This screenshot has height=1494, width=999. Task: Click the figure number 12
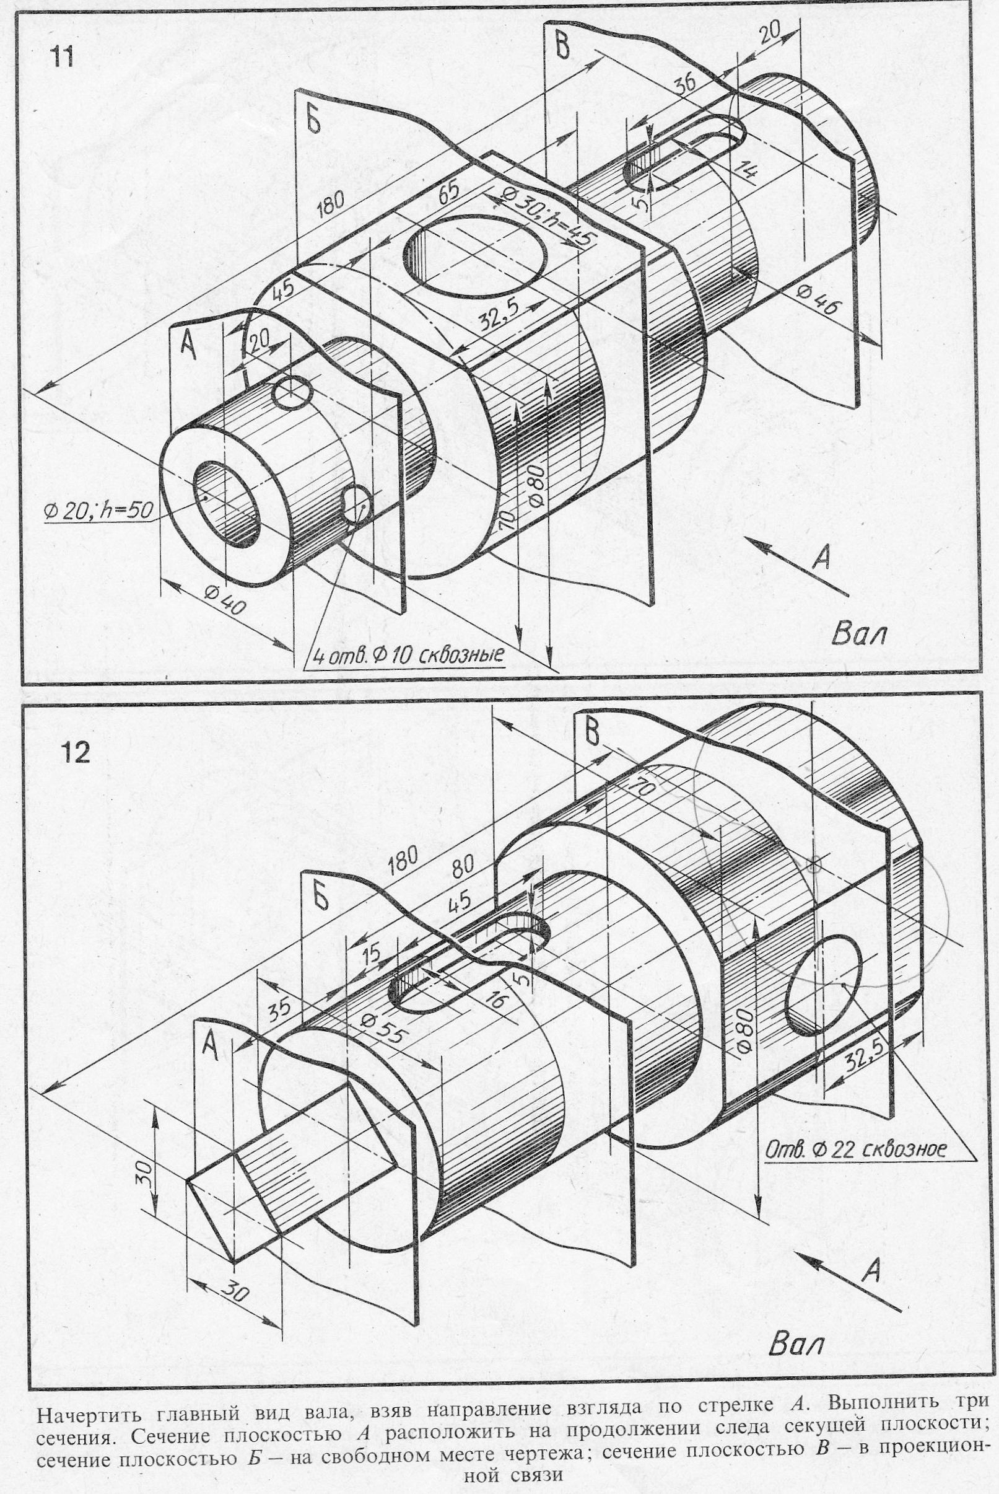[x=76, y=754]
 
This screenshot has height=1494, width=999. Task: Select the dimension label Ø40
[x=225, y=600]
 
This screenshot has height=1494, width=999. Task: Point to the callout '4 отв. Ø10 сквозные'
[x=405, y=654]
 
